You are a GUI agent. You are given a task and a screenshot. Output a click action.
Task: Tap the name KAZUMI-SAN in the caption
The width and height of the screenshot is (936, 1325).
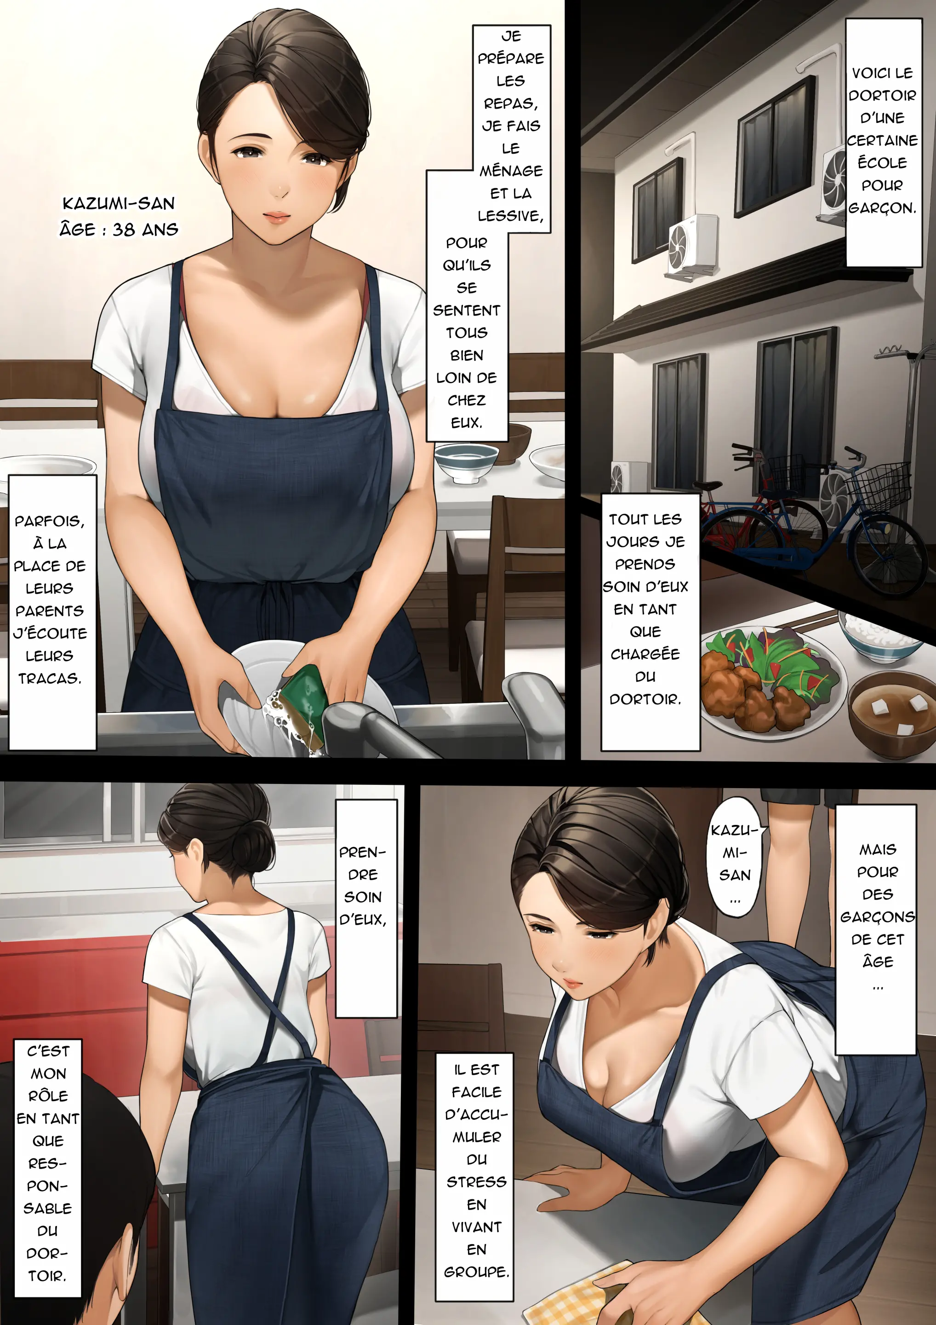pyautogui.click(x=118, y=204)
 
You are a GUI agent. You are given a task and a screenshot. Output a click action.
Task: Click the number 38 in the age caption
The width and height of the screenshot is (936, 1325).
pyautogui.click(x=123, y=230)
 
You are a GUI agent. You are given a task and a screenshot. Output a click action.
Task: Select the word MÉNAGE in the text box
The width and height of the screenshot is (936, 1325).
pyautogui.click(x=511, y=170)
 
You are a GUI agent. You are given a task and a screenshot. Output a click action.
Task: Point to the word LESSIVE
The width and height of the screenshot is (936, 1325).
pyautogui.click(x=510, y=216)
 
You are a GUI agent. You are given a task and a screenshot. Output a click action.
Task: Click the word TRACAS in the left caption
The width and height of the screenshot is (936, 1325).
pyautogui.click(x=50, y=678)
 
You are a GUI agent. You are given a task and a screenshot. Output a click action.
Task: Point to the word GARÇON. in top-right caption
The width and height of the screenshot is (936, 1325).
pyautogui.click(x=882, y=208)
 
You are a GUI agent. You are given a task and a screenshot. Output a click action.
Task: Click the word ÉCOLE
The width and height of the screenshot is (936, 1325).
pyautogui.click(x=882, y=163)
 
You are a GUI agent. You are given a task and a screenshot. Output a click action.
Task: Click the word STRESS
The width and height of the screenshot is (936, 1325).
pyautogui.click(x=476, y=1182)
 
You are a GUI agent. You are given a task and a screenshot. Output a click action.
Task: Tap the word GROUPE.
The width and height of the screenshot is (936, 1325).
pyautogui.click(x=476, y=1272)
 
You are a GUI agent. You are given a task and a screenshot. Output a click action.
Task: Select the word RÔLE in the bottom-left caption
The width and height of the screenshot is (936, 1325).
pyautogui.click(x=48, y=1095)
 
